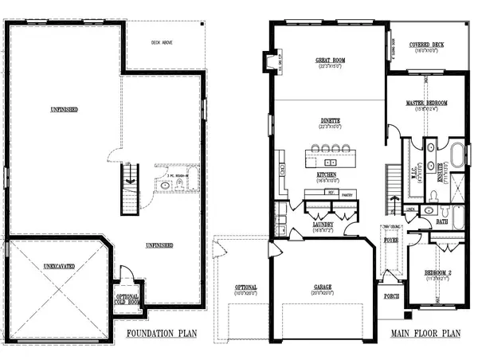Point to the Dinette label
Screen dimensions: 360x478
330,122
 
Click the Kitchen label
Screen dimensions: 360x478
326,174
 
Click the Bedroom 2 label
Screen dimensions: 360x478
437,273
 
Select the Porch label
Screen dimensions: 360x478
391,297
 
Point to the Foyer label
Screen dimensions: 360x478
392,238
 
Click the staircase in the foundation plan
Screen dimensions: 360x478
129,189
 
